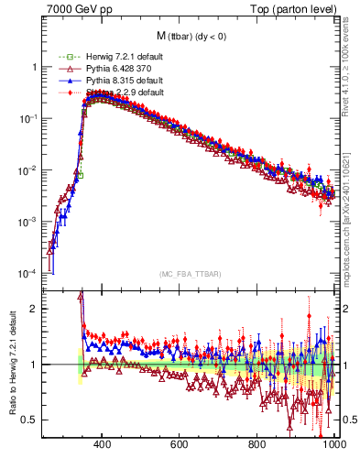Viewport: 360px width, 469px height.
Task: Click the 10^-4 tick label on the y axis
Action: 29,274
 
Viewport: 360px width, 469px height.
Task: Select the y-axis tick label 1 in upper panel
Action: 35,67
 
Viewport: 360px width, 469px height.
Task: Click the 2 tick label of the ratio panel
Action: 35,309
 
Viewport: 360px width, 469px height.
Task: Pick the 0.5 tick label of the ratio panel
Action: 31,420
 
